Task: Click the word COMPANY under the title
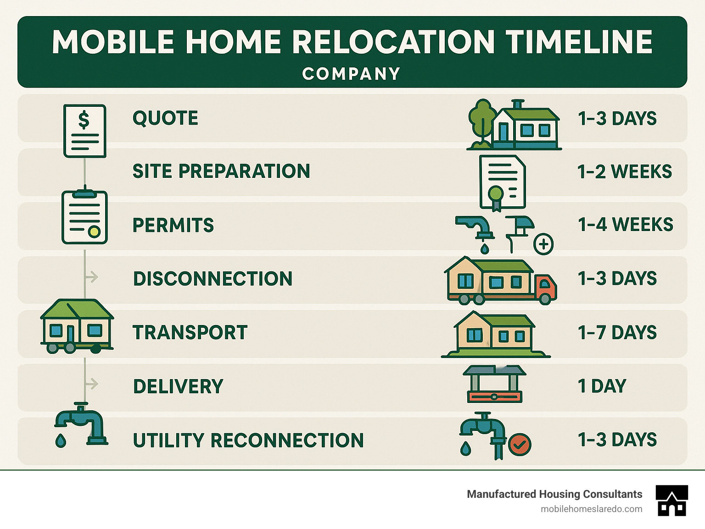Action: tap(351, 74)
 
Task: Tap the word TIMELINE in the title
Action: tap(579, 42)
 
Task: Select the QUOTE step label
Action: tap(165, 118)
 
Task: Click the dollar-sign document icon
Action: tap(85, 131)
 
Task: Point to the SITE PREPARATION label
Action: tap(221, 171)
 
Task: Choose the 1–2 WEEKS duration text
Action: tap(624, 172)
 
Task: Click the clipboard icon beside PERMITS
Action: tap(84, 217)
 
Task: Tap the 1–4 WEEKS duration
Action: tap(625, 225)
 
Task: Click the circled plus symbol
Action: tap(543, 244)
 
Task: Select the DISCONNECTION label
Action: tap(213, 279)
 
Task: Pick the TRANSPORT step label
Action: tap(190, 333)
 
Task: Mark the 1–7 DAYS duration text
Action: tap(617, 333)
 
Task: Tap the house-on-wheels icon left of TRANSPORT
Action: tap(77, 326)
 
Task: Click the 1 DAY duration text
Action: tap(602, 386)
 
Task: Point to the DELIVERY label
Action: tap(178, 387)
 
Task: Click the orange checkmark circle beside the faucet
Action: tap(520, 444)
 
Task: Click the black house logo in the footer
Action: tap(672, 501)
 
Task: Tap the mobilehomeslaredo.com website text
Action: tap(591, 509)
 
